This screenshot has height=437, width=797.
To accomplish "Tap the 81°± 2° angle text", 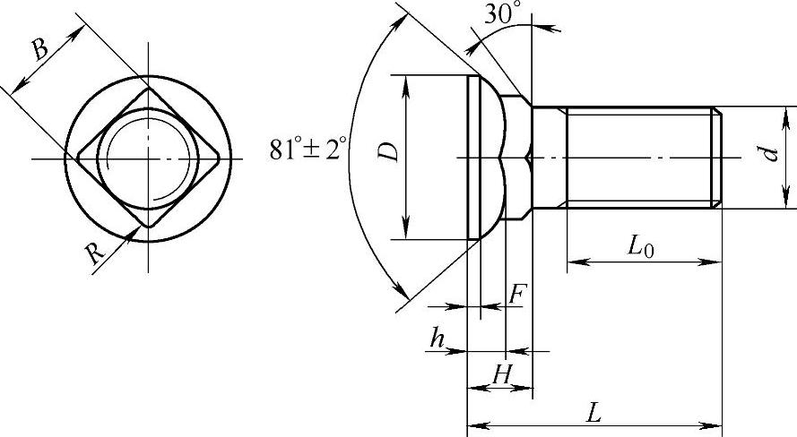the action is point(308,149).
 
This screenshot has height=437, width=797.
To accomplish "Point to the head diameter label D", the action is point(389,151).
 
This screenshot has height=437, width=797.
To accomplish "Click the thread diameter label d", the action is point(772,152).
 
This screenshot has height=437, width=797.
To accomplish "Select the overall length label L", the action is point(593,412).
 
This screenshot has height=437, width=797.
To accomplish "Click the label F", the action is point(517,295).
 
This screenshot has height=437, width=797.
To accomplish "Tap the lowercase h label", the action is point(437,338).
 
